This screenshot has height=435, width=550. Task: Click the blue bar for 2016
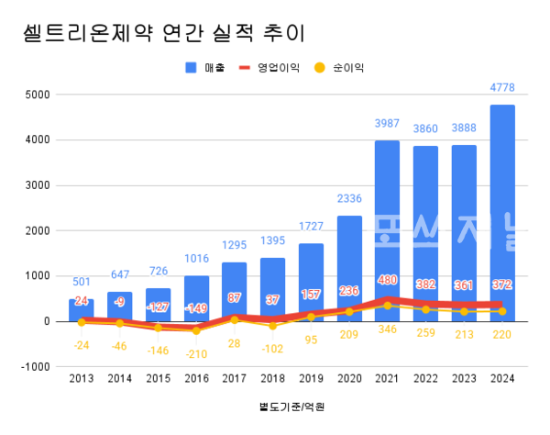(196, 298)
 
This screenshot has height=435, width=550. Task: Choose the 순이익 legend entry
(340, 67)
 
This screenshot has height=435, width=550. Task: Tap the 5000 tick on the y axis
(37, 95)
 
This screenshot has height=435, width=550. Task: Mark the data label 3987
(387, 123)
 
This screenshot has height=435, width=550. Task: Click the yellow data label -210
(196, 353)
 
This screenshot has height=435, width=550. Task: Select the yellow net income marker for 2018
(272, 326)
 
